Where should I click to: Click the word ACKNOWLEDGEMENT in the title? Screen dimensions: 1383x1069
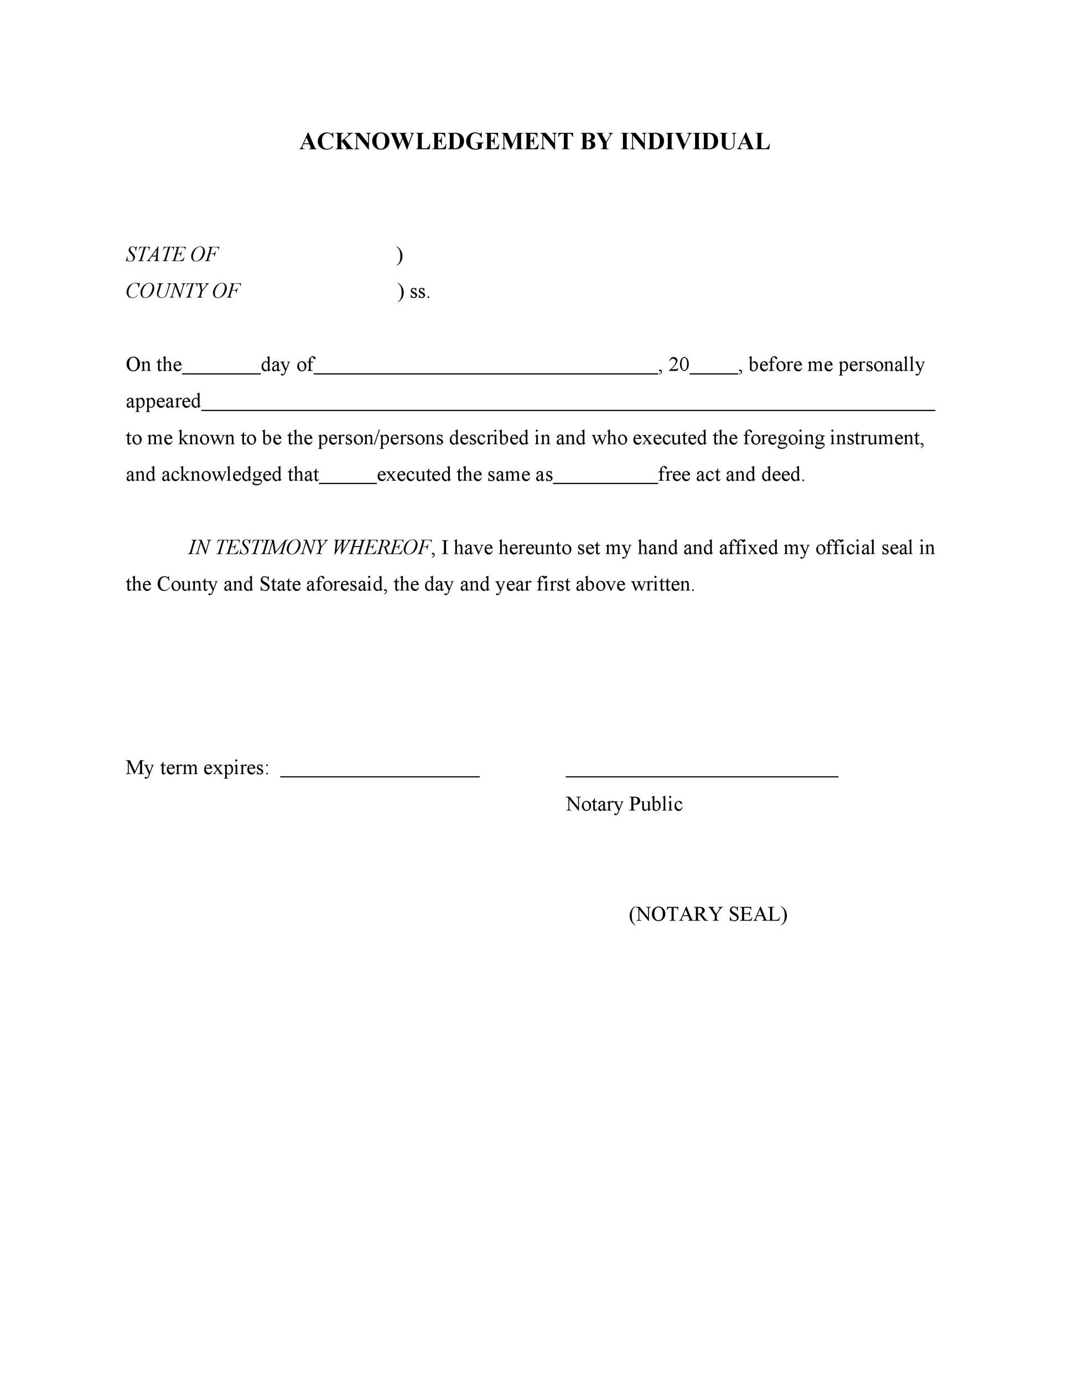pyautogui.click(x=437, y=142)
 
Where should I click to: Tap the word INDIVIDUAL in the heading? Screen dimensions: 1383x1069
pyautogui.click(x=695, y=142)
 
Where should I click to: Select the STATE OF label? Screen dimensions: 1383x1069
pyautogui.click(x=172, y=254)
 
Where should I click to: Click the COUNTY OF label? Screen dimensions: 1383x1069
pyautogui.click(x=183, y=292)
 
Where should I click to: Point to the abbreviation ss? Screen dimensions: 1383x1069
pyautogui.click(x=420, y=292)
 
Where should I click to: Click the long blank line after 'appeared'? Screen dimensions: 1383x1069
pyautogui.click(x=568, y=408)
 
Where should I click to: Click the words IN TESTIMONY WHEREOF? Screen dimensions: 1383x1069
pyautogui.click(x=310, y=548)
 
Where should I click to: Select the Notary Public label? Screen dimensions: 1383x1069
pyautogui.click(x=624, y=804)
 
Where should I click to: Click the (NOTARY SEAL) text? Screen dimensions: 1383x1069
pyautogui.click(x=707, y=914)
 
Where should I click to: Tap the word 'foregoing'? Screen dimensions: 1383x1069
pyautogui.click(x=783, y=438)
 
